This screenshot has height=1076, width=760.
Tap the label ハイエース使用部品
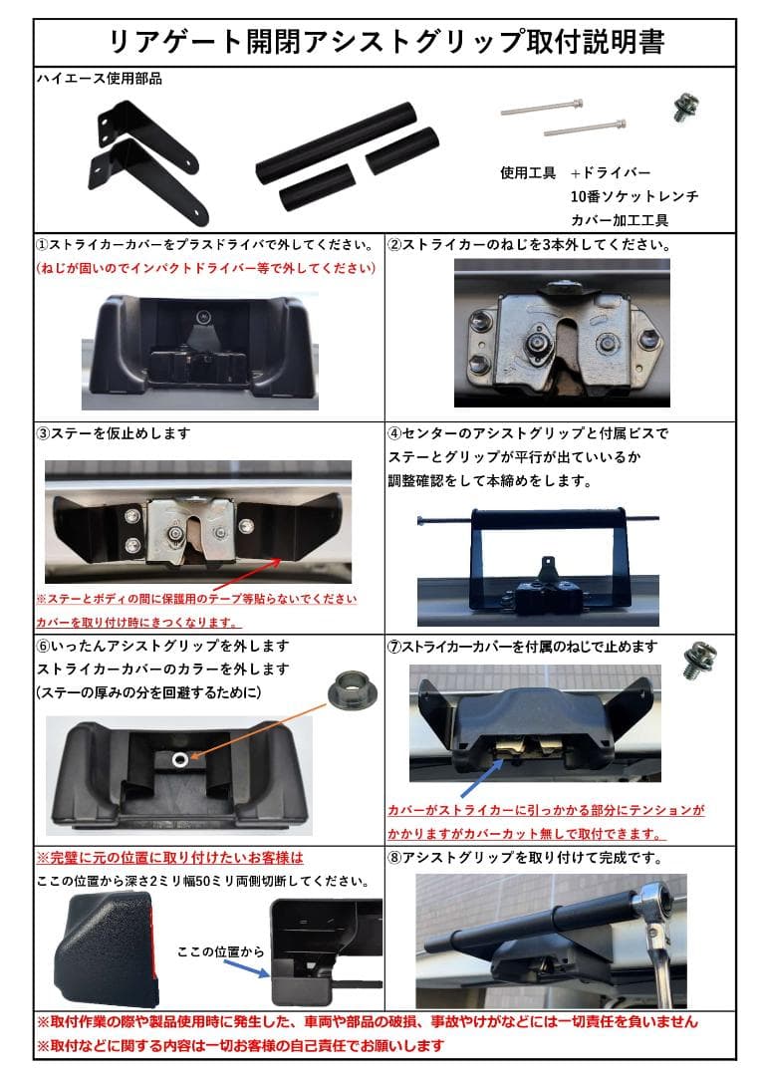(99, 79)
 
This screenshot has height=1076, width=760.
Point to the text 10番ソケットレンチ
(633, 196)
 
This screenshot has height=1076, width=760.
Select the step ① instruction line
(206, 244)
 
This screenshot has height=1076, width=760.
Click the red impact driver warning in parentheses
(206, 269)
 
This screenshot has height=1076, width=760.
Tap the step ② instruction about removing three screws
(528, 244)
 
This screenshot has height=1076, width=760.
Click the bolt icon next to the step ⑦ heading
(694, 662)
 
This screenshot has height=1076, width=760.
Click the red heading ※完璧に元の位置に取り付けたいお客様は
(169, 857)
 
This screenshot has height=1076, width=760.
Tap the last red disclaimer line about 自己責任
(240, 1046)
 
